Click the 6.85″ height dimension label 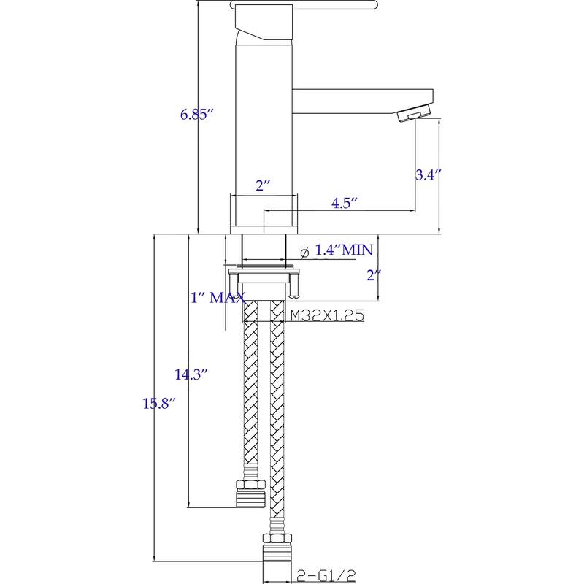[196, 115]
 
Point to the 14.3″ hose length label [191, 375]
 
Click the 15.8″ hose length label [158, 402]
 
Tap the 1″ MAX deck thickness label [216, 298]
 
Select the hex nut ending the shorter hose [250, 494]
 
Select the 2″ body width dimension [263, 185]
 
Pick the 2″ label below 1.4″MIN [374, 276]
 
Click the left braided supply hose [250, 394]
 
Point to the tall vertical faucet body [263, 124]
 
